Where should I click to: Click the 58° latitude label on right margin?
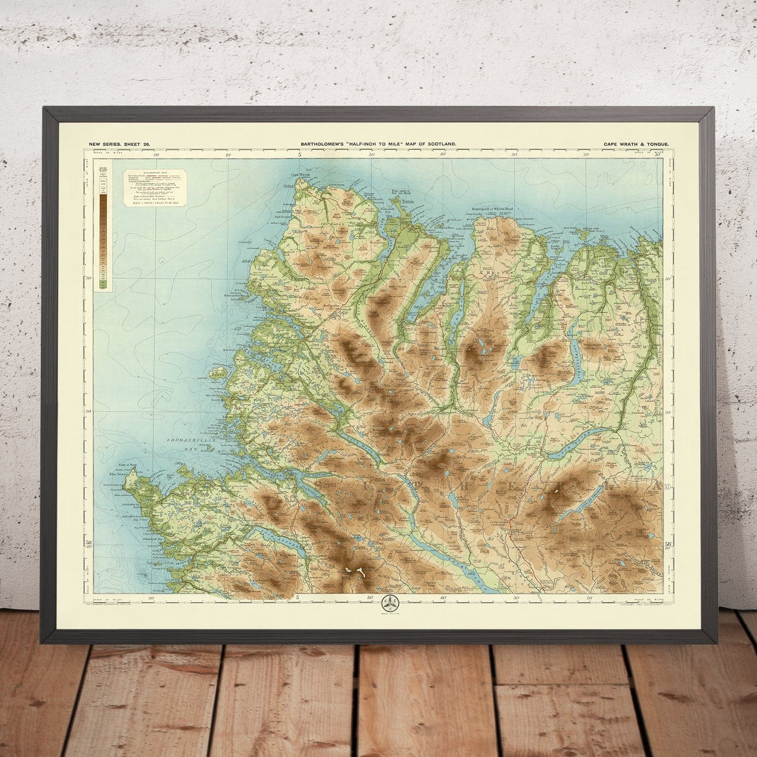(x=667, y=544)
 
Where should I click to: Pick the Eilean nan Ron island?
(x=589, y=234)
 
